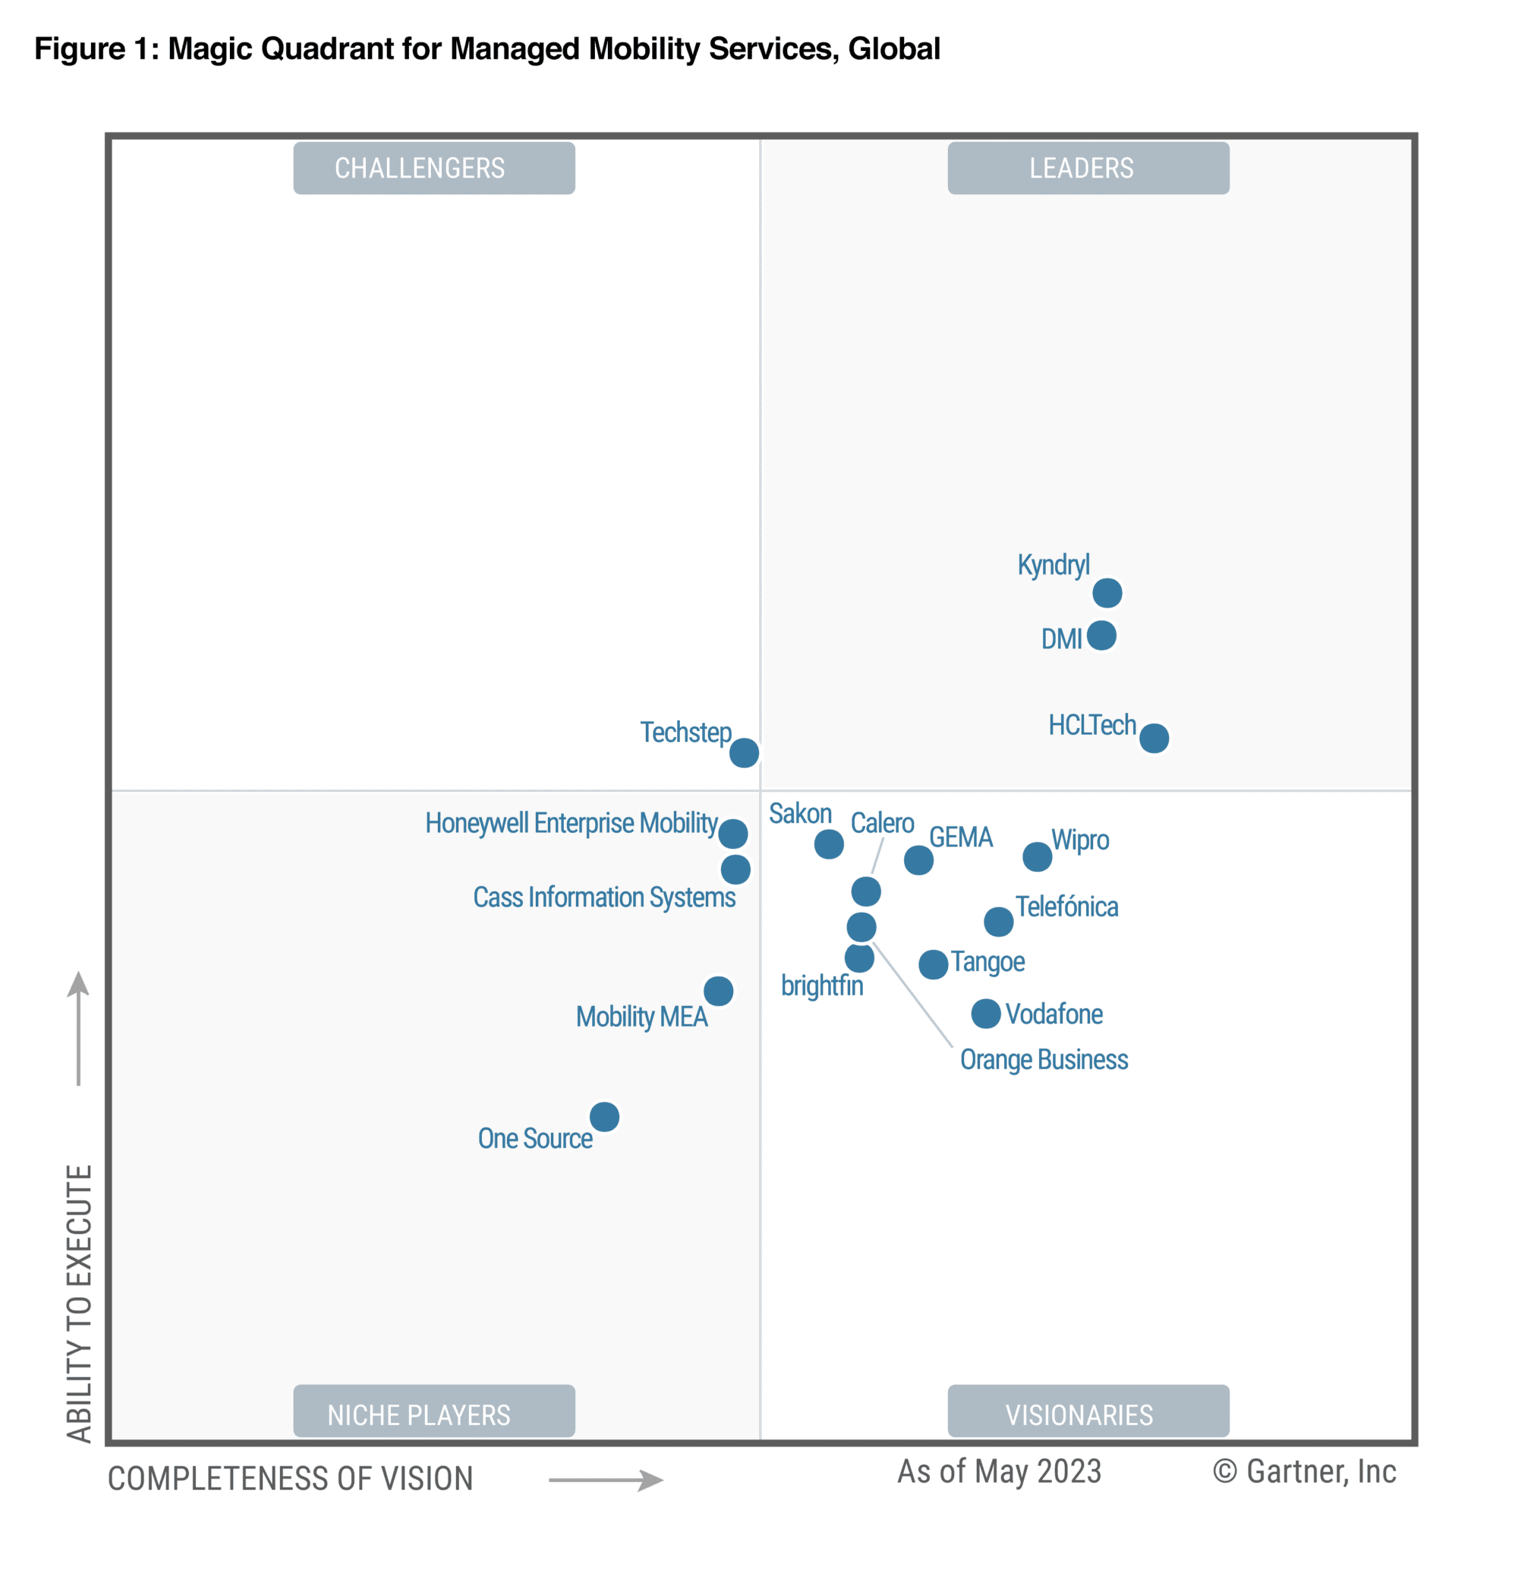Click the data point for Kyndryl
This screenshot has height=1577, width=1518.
click(1107, 593)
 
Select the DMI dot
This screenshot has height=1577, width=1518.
click(1101, 635)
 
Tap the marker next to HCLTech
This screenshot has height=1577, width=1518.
click(1154, 738)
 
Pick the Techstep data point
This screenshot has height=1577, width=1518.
click(744, 753)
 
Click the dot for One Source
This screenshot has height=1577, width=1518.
click(604, 1117)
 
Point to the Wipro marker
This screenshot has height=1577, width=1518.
click(1037, 857)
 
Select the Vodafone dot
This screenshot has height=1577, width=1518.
click(985, 1014)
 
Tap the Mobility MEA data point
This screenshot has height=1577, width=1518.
click(718, 990)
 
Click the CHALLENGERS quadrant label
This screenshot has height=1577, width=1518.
click(433, 168)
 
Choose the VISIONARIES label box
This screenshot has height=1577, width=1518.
click(1088, 1415)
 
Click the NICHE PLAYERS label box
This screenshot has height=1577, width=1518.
click(433, 1415)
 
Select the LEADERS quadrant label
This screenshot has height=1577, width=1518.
click(1088, 168)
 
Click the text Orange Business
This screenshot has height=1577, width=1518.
click(1044, 1060)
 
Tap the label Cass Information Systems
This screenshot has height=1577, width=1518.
click(603, 897)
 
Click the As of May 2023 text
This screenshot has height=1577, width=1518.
click(998, 1471)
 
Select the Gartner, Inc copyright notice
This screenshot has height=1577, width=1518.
click(1304, 1471)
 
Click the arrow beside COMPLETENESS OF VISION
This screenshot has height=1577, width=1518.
click(606, 1480)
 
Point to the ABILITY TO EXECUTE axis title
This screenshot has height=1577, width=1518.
click(79, 1303)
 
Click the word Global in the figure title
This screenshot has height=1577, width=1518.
click(894, 49)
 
